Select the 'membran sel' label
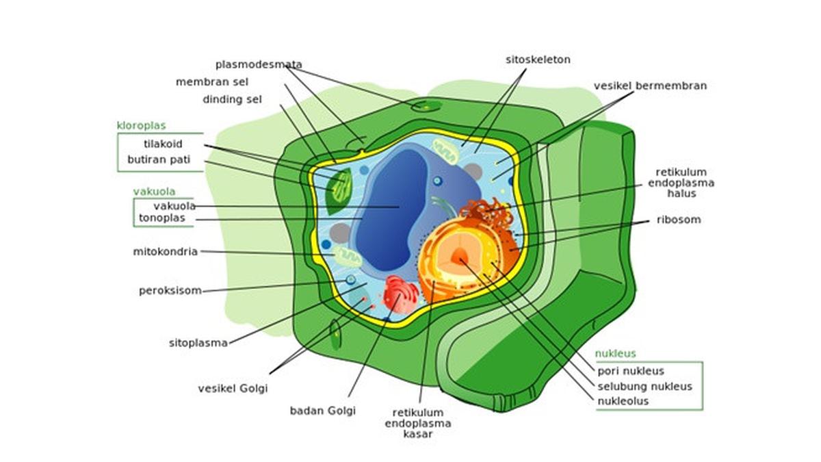coord(211,82)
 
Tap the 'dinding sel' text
coord(232,99)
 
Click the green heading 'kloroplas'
coord(141,126)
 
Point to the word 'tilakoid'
coord(163,144)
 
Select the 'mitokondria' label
coord(165,251)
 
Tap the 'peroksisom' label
coord(170,290)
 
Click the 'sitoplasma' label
coord(198,343)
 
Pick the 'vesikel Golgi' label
coord(233,388)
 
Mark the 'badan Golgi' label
coord(322,411)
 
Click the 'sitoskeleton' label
coord(538,60)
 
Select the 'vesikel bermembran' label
coord(650,86)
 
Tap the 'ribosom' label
coord(678,220)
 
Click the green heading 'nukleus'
coord(615,354)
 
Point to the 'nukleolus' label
coord(623,401)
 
